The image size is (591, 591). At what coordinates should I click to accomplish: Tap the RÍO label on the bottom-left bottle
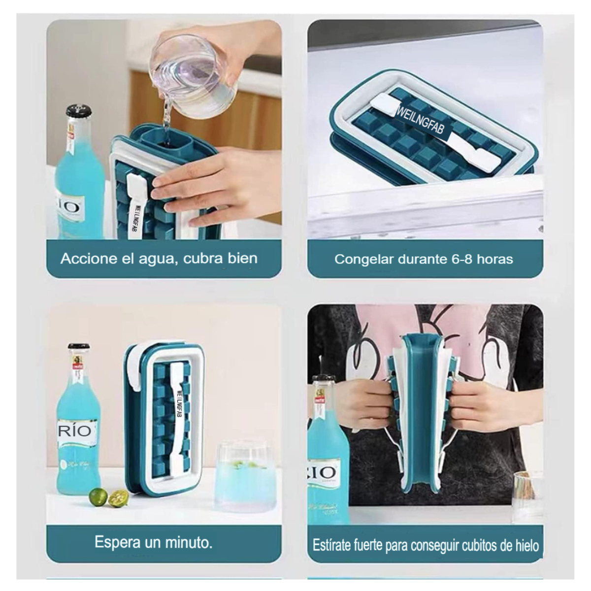(75, 430)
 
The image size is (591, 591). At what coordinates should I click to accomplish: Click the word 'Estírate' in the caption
(332, 545)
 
